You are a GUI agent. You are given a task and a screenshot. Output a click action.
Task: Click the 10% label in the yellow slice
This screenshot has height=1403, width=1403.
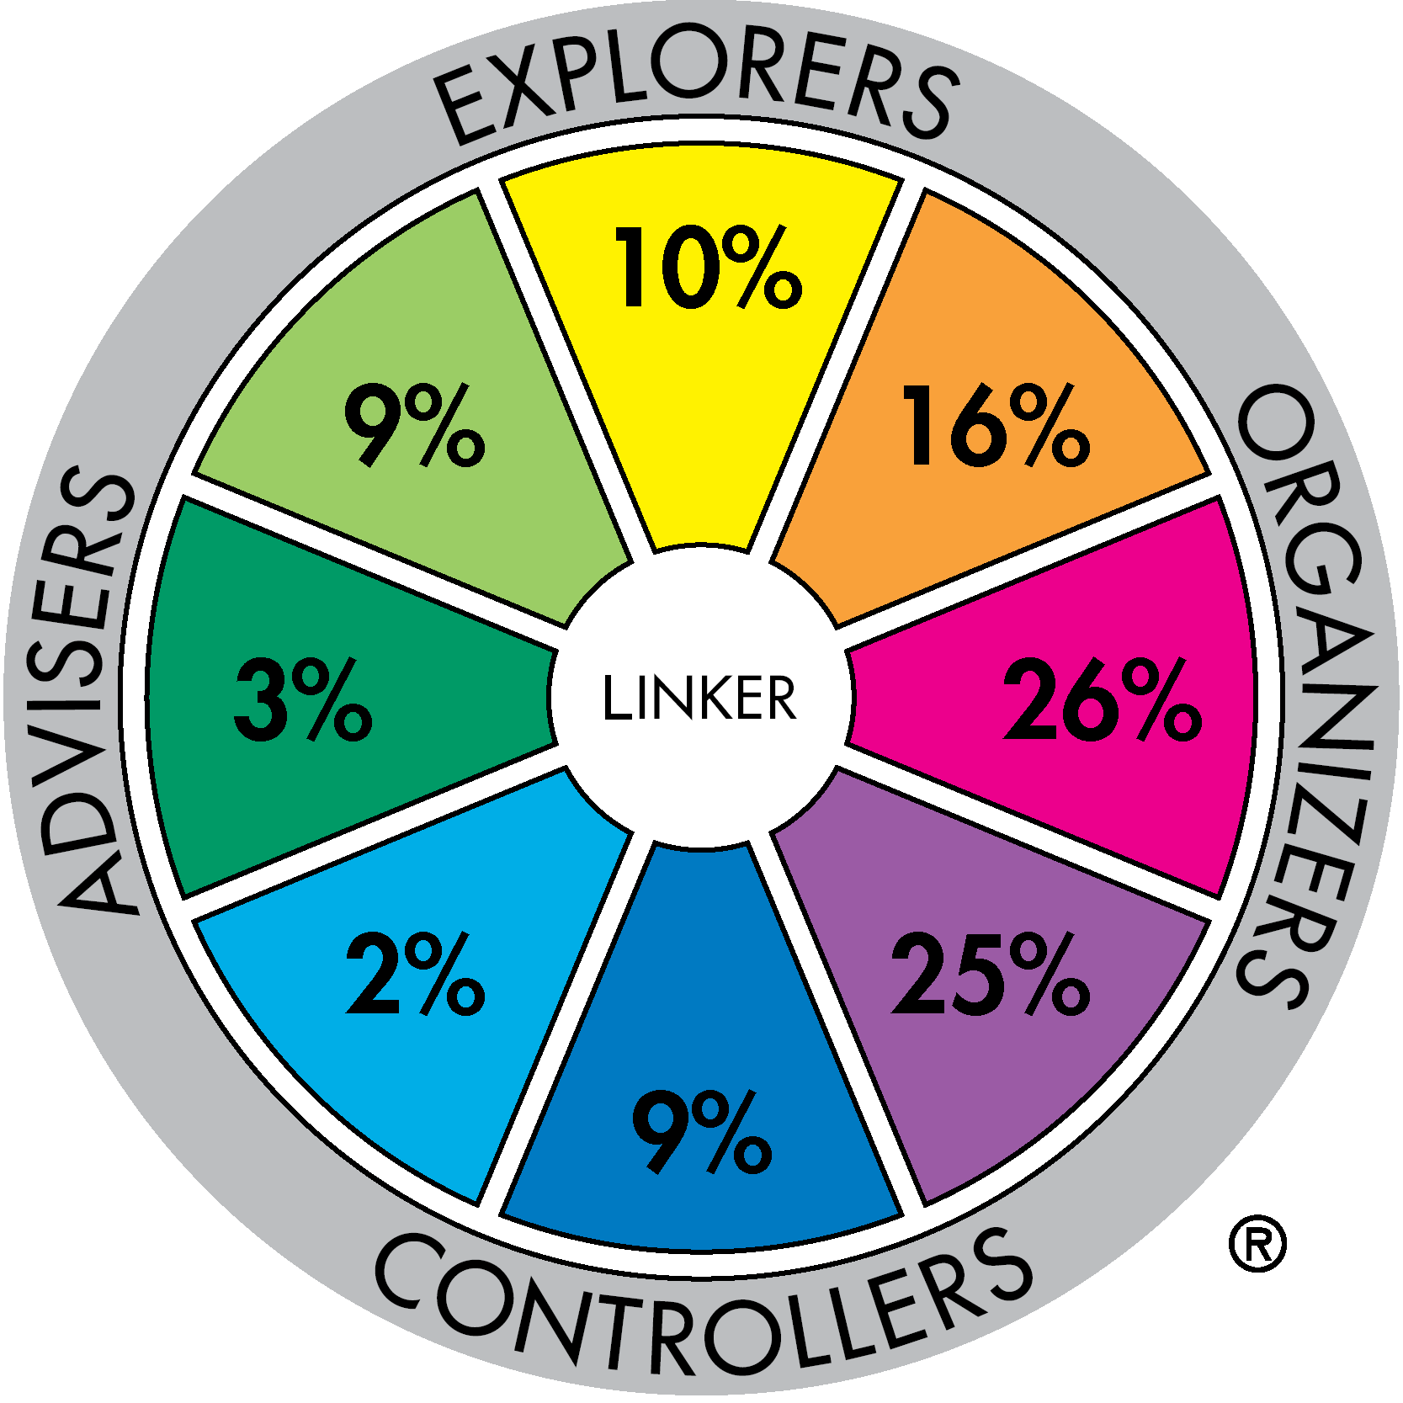(x=708, y=267)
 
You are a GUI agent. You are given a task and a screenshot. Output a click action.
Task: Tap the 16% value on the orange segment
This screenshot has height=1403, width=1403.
(x=995, y=425)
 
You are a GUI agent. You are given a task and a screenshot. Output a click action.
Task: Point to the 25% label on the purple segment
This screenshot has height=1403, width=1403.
(x=990, y=974)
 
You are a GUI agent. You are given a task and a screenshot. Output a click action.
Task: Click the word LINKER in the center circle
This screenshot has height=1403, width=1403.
(x=699, y=698)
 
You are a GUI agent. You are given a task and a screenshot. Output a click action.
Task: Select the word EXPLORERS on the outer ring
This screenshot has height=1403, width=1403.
(x=697, y=88)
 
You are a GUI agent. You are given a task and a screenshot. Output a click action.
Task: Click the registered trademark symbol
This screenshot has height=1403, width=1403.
(x=1257, y=1243)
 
